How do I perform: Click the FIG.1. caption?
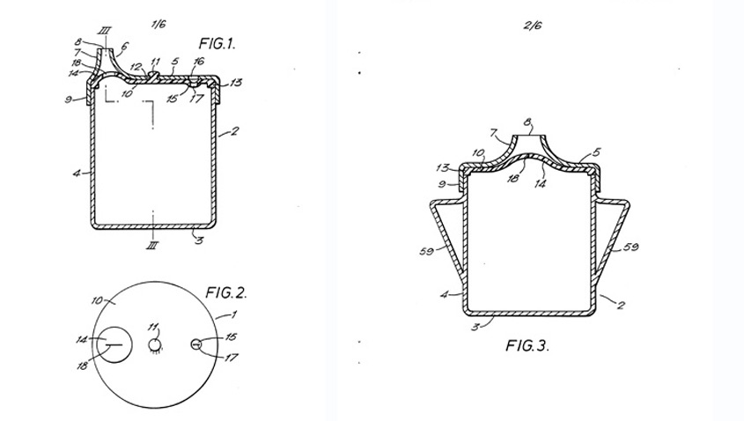217,44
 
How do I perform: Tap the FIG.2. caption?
226,292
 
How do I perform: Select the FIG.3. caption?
527,345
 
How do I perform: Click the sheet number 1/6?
158,24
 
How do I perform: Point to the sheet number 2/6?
533,26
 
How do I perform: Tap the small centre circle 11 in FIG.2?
155,344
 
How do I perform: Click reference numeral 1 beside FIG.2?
233,314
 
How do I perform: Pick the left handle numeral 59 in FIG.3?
426,251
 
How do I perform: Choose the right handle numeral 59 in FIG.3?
631,247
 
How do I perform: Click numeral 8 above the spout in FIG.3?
527,122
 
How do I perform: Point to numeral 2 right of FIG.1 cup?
234,130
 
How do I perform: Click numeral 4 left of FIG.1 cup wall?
77,174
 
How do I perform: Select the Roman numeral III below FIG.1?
152,245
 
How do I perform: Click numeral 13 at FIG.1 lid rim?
235,83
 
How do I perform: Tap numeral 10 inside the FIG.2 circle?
97,300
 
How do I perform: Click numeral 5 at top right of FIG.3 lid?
596,152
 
